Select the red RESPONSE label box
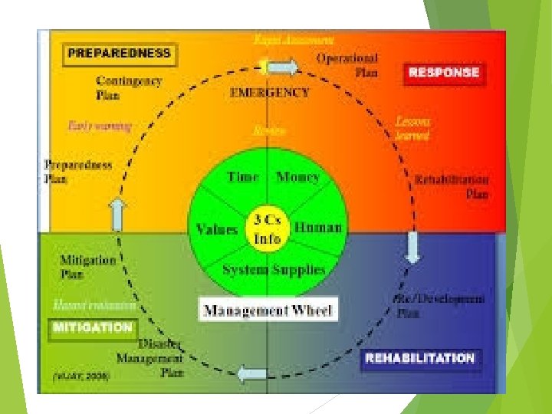click(444, 73)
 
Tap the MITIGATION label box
click(92, 327)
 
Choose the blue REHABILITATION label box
click(420, 359)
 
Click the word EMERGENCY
click(270, 93)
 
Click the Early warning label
click(100, 125)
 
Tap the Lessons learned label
click(412, 128)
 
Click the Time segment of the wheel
click(242, 177)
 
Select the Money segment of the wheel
click(297, 177)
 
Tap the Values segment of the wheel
click(216, 228)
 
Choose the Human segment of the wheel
click(317, 228)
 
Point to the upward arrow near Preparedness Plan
click(117, 214)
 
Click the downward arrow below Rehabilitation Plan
click(413, 246)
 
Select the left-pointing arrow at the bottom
click(251, 375)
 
